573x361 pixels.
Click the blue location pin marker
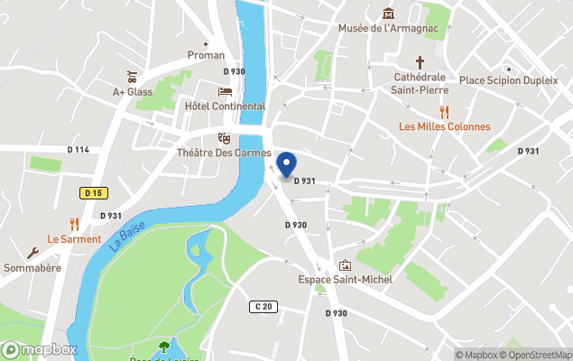coord(286,164)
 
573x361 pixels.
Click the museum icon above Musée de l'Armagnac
coord(388,13)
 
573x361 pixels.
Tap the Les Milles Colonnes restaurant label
coord(444,126)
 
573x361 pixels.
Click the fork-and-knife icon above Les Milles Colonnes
coord(444,111)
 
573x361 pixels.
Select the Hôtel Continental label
coord(225,106)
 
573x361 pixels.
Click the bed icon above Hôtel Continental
coord(225,92)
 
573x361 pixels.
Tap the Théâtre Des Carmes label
coord(223,153)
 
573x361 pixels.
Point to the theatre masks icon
coord(223,137)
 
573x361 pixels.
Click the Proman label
coord(205,55)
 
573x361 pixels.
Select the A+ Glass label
coord(133,91)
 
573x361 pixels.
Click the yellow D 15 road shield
coord(93,192)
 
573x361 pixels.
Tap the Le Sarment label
coord(74,239)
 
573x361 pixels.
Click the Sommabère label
coord(32,268)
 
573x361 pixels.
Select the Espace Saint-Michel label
coord(345,279)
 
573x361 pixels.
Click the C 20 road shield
coord(263,307)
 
